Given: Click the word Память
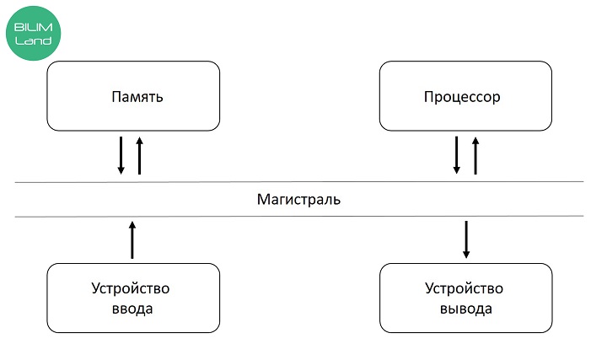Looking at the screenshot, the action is [x=137, y=96].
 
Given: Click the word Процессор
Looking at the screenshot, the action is [x=462, y=97].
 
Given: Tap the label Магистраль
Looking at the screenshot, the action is [x=298, y=199].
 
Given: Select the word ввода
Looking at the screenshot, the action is [x=132, y=309].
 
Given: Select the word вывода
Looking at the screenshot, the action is [x=466, y=309].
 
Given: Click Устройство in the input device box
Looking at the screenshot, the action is [x=131, y=289].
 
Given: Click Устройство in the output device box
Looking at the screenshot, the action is [x=465, y=289].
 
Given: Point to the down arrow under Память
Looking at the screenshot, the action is [x=121, y=155].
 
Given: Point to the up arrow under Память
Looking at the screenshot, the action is [x=140, y=156].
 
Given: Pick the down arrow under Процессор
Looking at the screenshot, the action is [x=457, y=155].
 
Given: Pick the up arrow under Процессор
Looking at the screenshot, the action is [x=475, y=156].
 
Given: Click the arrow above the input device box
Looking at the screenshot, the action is [x=132, y=240].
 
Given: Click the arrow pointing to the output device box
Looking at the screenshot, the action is [x=466, y=239].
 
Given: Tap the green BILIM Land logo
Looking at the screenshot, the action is [x=33, y=33].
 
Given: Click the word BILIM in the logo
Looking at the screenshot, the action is [x=33, y=28].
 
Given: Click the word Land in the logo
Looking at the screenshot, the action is [x=33, y=40].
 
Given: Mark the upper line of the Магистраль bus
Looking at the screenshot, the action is [x=299, y=181].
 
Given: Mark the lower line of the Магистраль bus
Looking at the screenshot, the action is [x=299, y=217].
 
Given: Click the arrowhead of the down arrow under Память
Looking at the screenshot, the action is [x=121, y=170].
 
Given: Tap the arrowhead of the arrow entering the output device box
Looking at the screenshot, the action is [x=466, y=255].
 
